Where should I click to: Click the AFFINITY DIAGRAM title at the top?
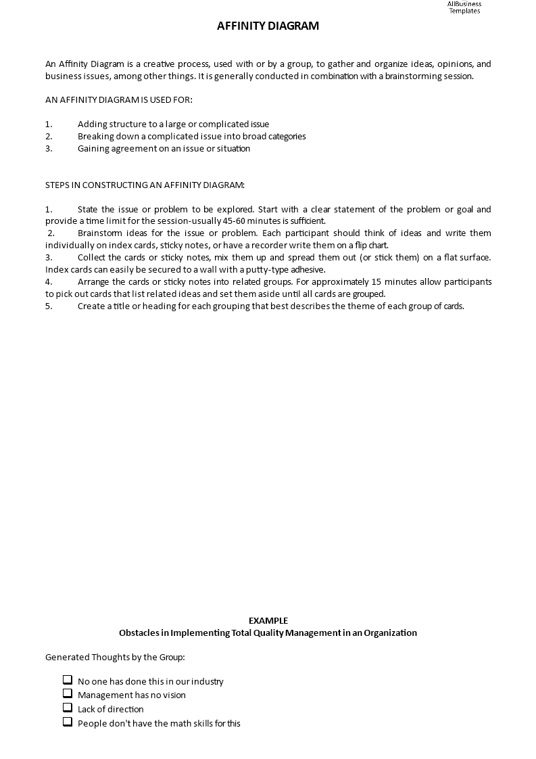268,26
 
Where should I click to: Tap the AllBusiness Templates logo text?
464,7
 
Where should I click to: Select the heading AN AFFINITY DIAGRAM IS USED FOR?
119,100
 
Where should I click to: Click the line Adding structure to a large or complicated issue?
173,124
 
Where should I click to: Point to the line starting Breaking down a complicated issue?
191,137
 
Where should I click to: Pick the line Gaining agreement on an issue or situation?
164,149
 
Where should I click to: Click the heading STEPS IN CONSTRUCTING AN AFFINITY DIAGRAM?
145,185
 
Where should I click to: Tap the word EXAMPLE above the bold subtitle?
268,620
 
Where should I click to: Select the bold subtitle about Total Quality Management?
268,633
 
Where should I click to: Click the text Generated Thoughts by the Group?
115,658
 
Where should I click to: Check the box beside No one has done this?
68,680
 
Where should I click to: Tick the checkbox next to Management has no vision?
68,693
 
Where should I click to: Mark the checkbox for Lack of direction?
68,708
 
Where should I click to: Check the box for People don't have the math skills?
68,722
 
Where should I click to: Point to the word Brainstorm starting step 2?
99,233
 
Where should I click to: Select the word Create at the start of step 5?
91,306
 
